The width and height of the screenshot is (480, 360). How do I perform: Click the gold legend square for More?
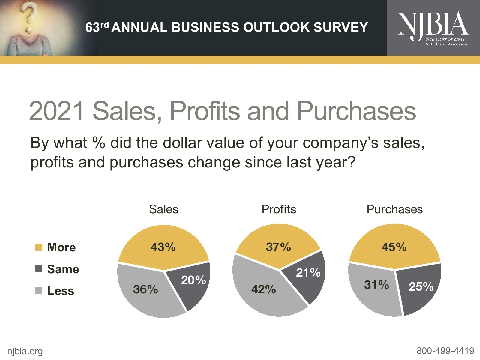39,247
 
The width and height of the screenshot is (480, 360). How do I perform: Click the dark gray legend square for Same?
39,268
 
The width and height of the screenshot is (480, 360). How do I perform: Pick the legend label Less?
61,291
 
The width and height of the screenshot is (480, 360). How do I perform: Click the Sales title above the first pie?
163,209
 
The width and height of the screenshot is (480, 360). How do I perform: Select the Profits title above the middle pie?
279,209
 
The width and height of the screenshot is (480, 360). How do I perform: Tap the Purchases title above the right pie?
394,209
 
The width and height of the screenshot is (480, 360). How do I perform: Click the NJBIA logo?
433,28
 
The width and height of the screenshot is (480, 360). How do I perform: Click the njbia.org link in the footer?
25,351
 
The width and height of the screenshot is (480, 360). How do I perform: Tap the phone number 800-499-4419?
445,350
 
